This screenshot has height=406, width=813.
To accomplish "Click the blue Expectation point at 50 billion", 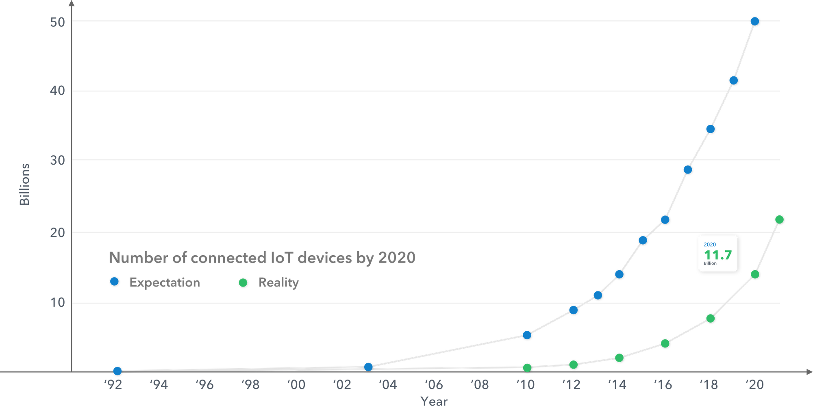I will (x=754, y=21).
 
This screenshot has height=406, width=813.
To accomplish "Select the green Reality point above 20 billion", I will (x=779, y=219).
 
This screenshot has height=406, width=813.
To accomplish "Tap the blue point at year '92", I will (x=117, y=371).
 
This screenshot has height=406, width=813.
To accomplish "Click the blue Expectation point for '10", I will (x=527, y=335).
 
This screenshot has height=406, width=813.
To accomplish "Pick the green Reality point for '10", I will (x=527, y=368).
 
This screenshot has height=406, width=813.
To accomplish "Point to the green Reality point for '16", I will (x=665, y=343).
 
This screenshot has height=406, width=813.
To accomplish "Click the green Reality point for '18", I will (x=711, y=318).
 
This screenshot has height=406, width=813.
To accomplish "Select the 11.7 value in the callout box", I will (x=718, y=255).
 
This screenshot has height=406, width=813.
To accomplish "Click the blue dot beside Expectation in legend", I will (x=114, y=281).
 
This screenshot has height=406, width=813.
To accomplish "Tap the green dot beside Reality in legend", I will (x=243, y=282).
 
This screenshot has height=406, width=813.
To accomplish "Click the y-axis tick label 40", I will (x=57, y=90).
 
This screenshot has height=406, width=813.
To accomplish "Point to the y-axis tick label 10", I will (x=58, y=302).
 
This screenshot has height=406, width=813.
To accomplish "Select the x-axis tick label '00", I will (x=296, y=384).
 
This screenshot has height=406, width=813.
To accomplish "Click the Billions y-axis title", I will (x=25, y=184).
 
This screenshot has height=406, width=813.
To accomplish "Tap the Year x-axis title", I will (x=434, y=401).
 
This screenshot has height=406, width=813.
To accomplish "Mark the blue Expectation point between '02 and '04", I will (x=368, y=367).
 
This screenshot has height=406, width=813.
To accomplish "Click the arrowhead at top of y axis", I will (x=72, y=3).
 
